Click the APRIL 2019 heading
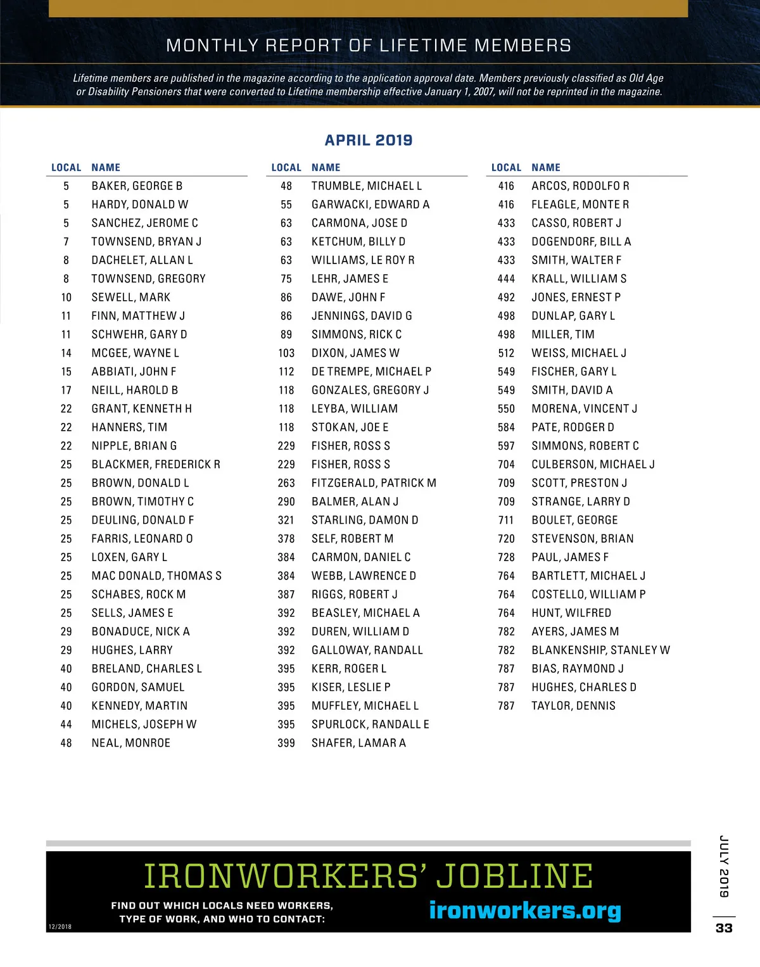368,140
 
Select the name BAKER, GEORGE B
137,186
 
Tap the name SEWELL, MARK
130,298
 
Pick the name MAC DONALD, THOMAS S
156,576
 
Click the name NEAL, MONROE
130,743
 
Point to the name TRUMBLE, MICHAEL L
366,186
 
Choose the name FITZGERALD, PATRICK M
374,483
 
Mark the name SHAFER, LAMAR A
358,743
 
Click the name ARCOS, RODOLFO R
580,186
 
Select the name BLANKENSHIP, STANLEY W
600,650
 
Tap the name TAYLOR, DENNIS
573,706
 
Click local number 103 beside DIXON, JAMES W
286,353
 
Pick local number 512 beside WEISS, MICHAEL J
506,353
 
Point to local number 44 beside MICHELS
66,724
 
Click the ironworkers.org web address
525,910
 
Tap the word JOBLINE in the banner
514,876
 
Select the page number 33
724,928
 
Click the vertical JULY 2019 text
724,866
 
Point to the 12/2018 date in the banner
60,926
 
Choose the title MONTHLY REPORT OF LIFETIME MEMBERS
368,46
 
